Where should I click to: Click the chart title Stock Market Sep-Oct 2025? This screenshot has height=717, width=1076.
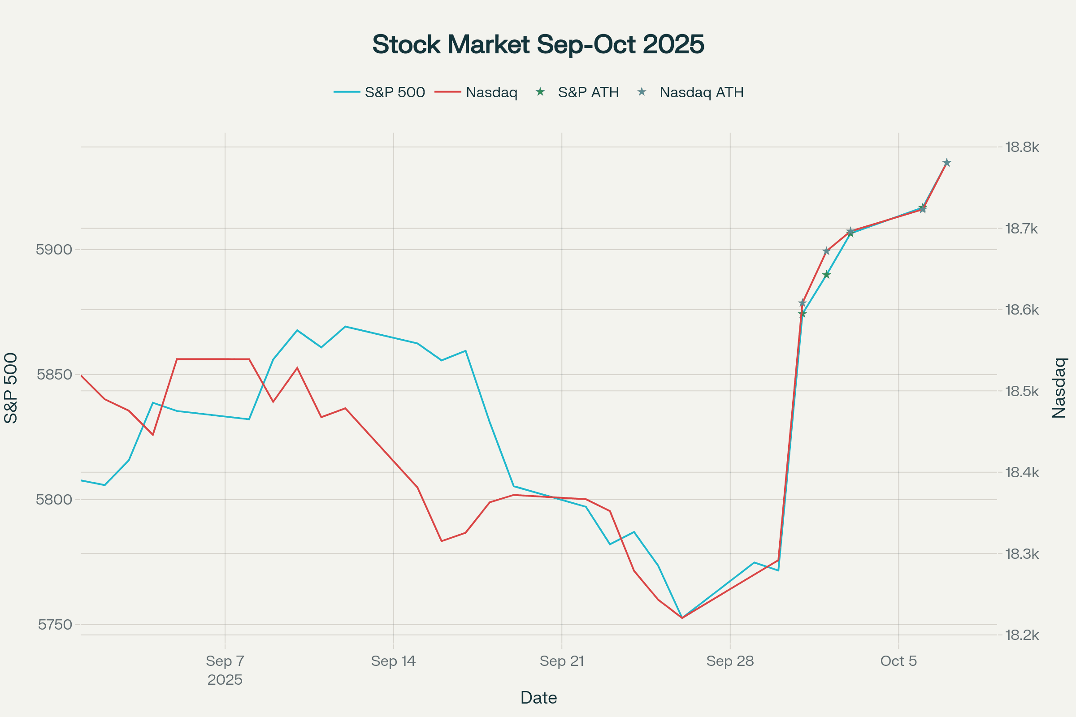[x=538, y=44]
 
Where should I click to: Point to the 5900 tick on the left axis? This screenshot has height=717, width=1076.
[x=54, y=250]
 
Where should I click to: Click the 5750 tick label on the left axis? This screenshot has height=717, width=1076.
[x=55, y=625]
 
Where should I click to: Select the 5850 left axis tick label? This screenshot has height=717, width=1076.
[x=54, y=375]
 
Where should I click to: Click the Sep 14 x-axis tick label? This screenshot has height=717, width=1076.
[x=393, y=661]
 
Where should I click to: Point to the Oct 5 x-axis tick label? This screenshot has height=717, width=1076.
[x=898, y=661]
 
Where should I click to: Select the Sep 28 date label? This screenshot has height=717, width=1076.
[x=730, y=661]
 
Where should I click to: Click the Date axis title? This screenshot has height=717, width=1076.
[x=538, y=698]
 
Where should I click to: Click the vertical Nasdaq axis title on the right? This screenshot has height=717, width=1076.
[x=1059, y=388]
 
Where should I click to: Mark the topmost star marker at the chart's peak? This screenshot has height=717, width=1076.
[x=946, y=163]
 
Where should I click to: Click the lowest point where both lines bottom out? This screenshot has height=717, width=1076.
[x=681, y=618]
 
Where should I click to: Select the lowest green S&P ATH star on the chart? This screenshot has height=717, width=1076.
[x=802, y=314]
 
